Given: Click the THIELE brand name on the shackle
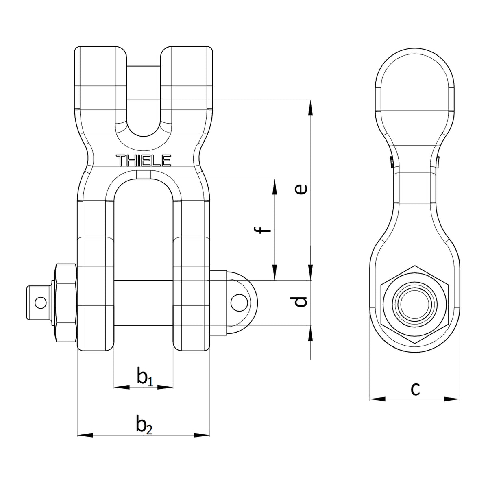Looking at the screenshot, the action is tap(144, 160).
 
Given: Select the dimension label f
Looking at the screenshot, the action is tap(262, 229).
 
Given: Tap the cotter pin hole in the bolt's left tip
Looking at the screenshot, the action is tap(41, 303).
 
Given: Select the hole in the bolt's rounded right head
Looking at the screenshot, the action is tap(239, 303).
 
